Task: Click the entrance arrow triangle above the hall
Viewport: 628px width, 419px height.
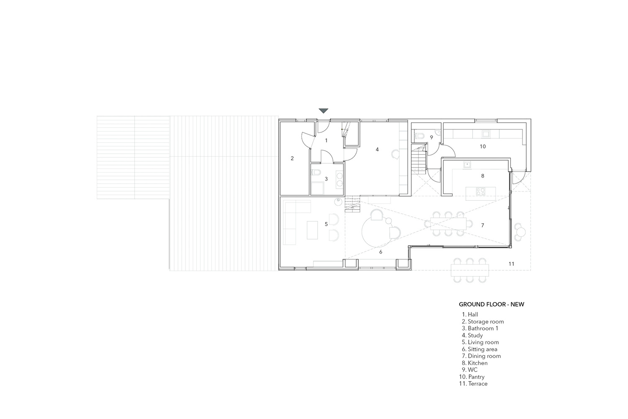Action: pos(323,111)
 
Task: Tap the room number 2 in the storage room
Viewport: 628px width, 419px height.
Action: pos(292,158)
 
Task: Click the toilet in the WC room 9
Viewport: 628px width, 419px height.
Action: pos(420,137)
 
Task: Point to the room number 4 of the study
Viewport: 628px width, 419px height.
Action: pos(377,150)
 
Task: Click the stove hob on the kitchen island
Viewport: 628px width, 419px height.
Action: pos(481,191)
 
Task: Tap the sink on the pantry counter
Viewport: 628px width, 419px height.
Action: pos(486,134)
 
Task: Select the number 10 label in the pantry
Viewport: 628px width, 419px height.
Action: pos(482,147)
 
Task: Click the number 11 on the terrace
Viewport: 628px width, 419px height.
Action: pos(511,264)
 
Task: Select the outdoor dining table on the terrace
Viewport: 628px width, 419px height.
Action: pos(470,270)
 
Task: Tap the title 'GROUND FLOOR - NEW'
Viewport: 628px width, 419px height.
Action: pos(492,305)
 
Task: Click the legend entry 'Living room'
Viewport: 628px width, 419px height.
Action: pos(480,342)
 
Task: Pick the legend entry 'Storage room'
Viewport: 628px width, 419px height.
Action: pos(483,322)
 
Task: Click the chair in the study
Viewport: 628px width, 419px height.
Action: pos(396,154)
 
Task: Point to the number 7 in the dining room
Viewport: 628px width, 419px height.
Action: pos(482,225)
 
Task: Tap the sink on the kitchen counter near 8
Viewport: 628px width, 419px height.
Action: pos(467,164)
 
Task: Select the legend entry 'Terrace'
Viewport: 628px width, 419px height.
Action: pos(473,384)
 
